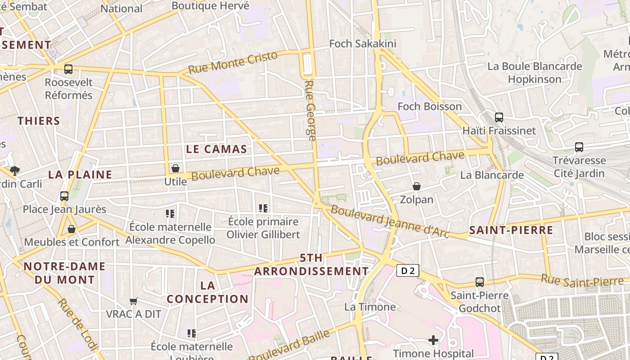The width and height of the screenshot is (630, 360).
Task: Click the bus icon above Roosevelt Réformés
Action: (68, 69)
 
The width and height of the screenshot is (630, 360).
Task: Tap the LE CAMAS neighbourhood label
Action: (216, 149)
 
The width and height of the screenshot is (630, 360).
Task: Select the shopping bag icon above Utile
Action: (175, 168)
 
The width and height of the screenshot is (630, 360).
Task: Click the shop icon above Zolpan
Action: (417, 186)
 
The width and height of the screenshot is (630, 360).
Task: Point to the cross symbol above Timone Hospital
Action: (433, 340)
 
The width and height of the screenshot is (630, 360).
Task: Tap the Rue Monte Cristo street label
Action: (233, 63)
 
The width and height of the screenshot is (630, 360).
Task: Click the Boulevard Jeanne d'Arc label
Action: (390, 221)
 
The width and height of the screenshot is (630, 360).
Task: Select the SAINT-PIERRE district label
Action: (511, 230)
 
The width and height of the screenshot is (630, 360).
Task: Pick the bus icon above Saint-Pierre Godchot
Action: (480, 282)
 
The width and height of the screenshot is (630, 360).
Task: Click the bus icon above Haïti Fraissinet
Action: (499, 117)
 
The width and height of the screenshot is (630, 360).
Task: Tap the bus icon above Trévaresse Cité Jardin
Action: (579, 147)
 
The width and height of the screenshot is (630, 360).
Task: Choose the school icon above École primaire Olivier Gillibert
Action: (263, 208)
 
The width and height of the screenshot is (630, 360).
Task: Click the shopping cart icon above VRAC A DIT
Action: (133, 301)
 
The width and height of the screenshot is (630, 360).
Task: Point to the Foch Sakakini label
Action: (363, 44)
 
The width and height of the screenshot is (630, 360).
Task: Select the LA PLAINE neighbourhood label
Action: (80, 175)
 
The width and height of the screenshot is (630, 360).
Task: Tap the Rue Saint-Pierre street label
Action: (582, 281)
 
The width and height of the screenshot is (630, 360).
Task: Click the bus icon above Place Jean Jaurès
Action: (64, 196)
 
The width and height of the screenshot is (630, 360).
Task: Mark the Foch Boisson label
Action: (430, 107)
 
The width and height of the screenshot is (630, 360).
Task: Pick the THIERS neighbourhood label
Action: (39, 121)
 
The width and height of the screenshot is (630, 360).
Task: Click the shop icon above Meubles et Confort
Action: (71, 229)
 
